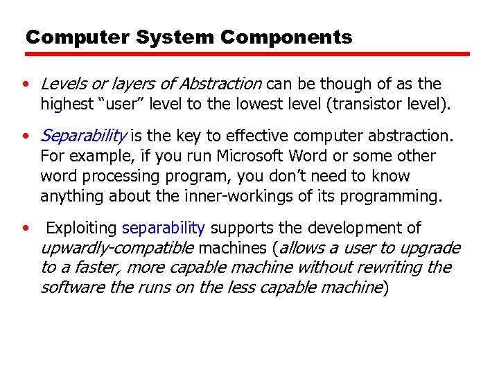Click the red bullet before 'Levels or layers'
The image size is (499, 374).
click(25, 84)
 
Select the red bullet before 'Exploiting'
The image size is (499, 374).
click(25, 229)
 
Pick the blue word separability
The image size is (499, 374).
click(163, 228)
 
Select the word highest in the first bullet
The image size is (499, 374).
click(66, 105)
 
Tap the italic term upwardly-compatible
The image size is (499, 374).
click(118, 248)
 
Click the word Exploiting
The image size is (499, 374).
click(82, 228)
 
